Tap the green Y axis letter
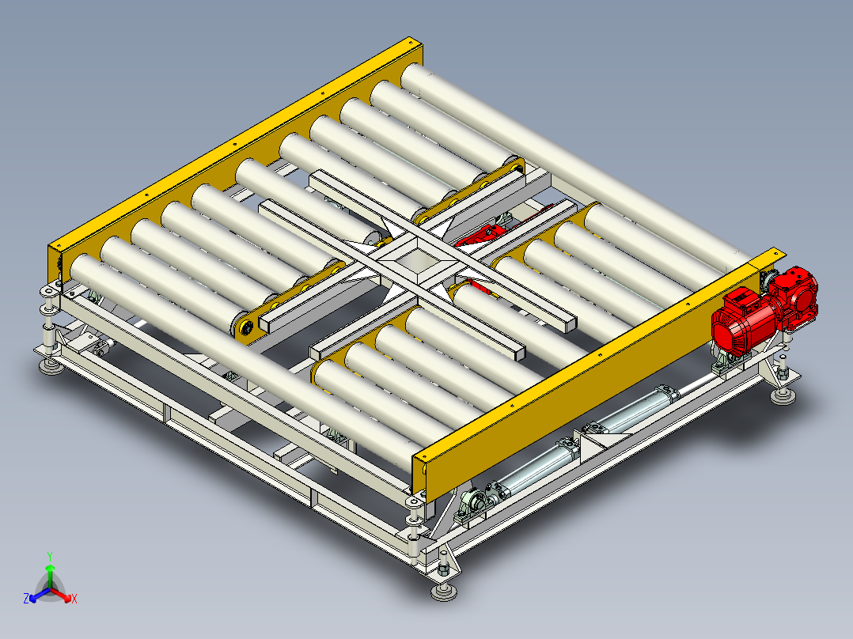[50, 556]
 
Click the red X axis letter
[74, 599]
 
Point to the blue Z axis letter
[26, 598]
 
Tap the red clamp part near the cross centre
[479, 237]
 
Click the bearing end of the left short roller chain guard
[244, 328]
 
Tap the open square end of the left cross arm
[266, 325]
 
